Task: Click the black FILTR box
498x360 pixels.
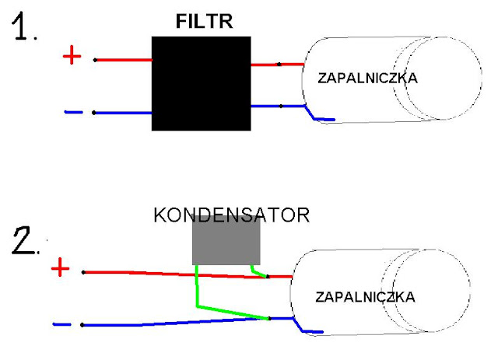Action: tap(202, 83)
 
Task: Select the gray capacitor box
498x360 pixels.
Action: tap(226, 240)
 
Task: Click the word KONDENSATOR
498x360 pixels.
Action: tap(231, 214)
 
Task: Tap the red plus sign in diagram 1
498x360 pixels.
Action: tap(71, 57)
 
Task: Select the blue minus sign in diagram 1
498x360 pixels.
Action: tap(73, 112)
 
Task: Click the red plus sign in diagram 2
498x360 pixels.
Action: tap(60, 270)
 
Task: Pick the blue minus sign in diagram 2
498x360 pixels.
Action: tap(62, 323)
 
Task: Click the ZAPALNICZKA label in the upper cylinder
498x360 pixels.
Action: tap(368, 78)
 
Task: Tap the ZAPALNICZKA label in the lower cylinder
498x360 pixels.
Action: tap(366, 297)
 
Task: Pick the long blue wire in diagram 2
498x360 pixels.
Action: tap(156, 322)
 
